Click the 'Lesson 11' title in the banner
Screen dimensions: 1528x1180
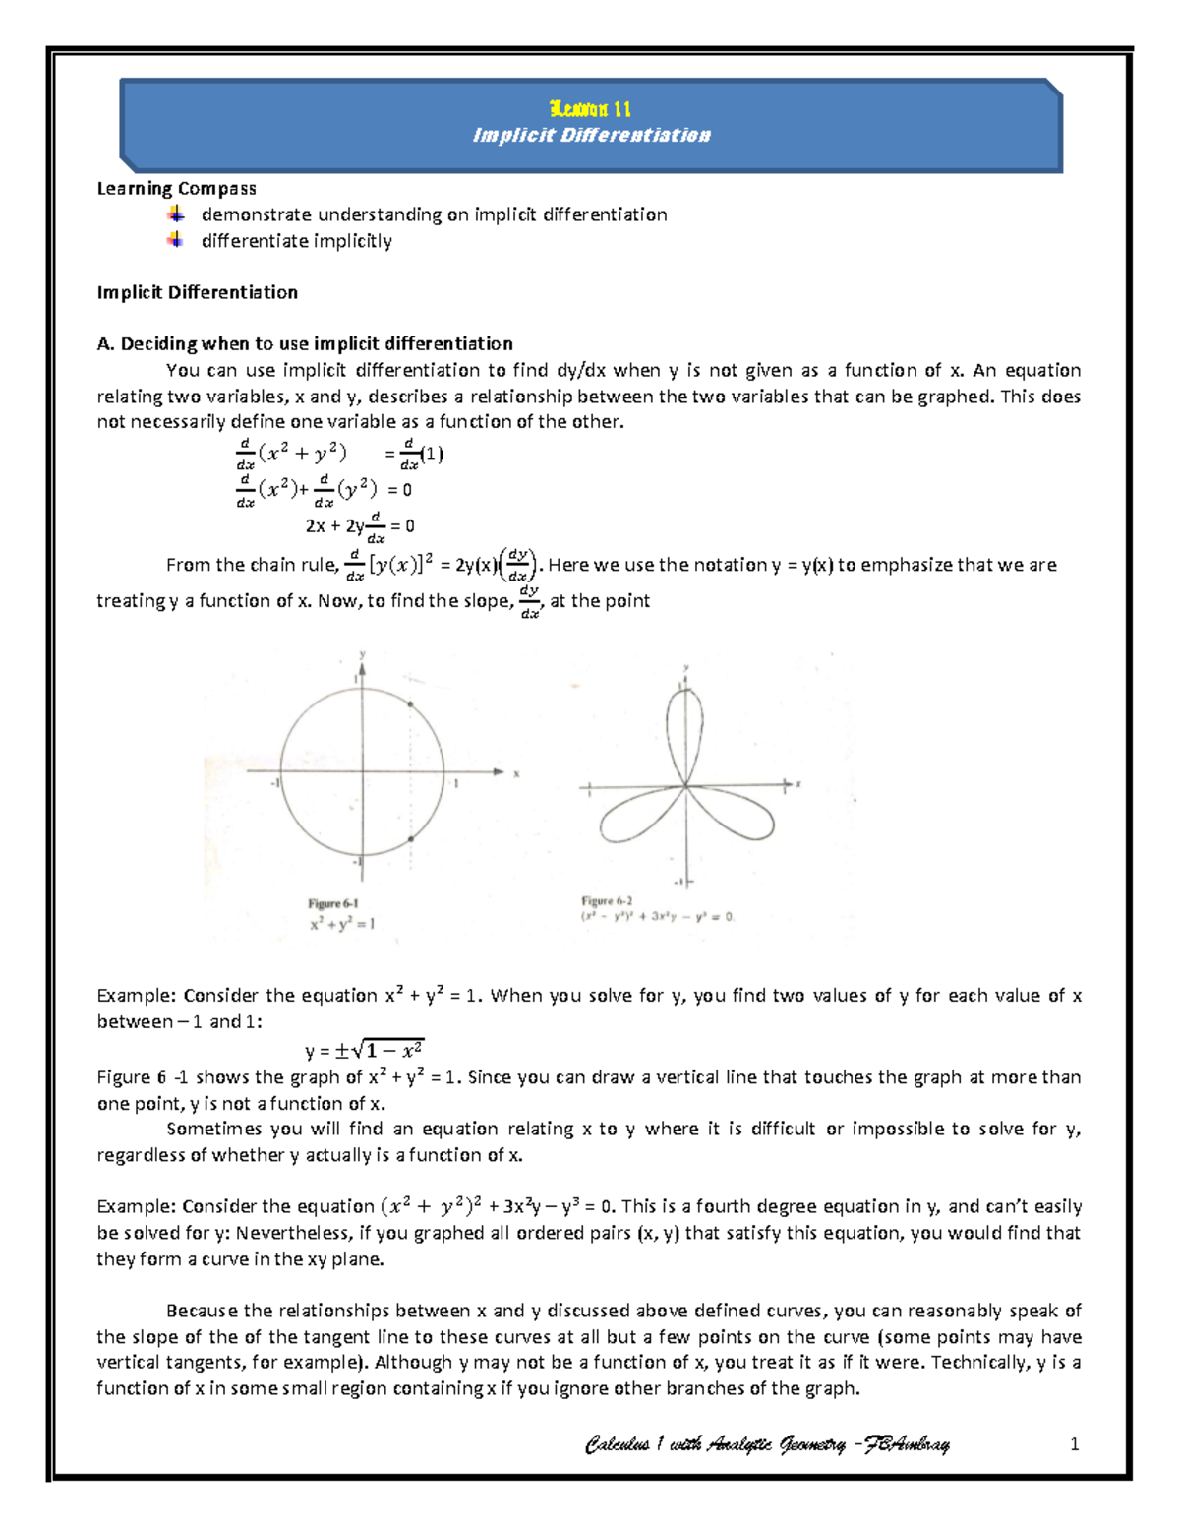coord(590,109)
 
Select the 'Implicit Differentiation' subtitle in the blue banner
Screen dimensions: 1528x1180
coord(591,135)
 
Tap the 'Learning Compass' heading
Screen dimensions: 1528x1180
coord(176,188)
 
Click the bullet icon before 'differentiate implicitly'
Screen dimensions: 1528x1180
coord(175,240)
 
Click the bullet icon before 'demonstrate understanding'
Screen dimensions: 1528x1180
coord(175,214)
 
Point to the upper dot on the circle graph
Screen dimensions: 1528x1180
coord(410,703)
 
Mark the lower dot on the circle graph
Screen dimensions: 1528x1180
coord(410,839)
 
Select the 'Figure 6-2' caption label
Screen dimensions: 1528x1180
coord(607,900)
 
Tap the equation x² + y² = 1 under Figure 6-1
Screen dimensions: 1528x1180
coord(342,924)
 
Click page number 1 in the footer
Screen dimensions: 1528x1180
coord(1074,1444)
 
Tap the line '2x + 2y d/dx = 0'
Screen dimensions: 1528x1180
coord(359,526)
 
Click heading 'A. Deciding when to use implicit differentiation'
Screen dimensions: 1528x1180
coord(305,343)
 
